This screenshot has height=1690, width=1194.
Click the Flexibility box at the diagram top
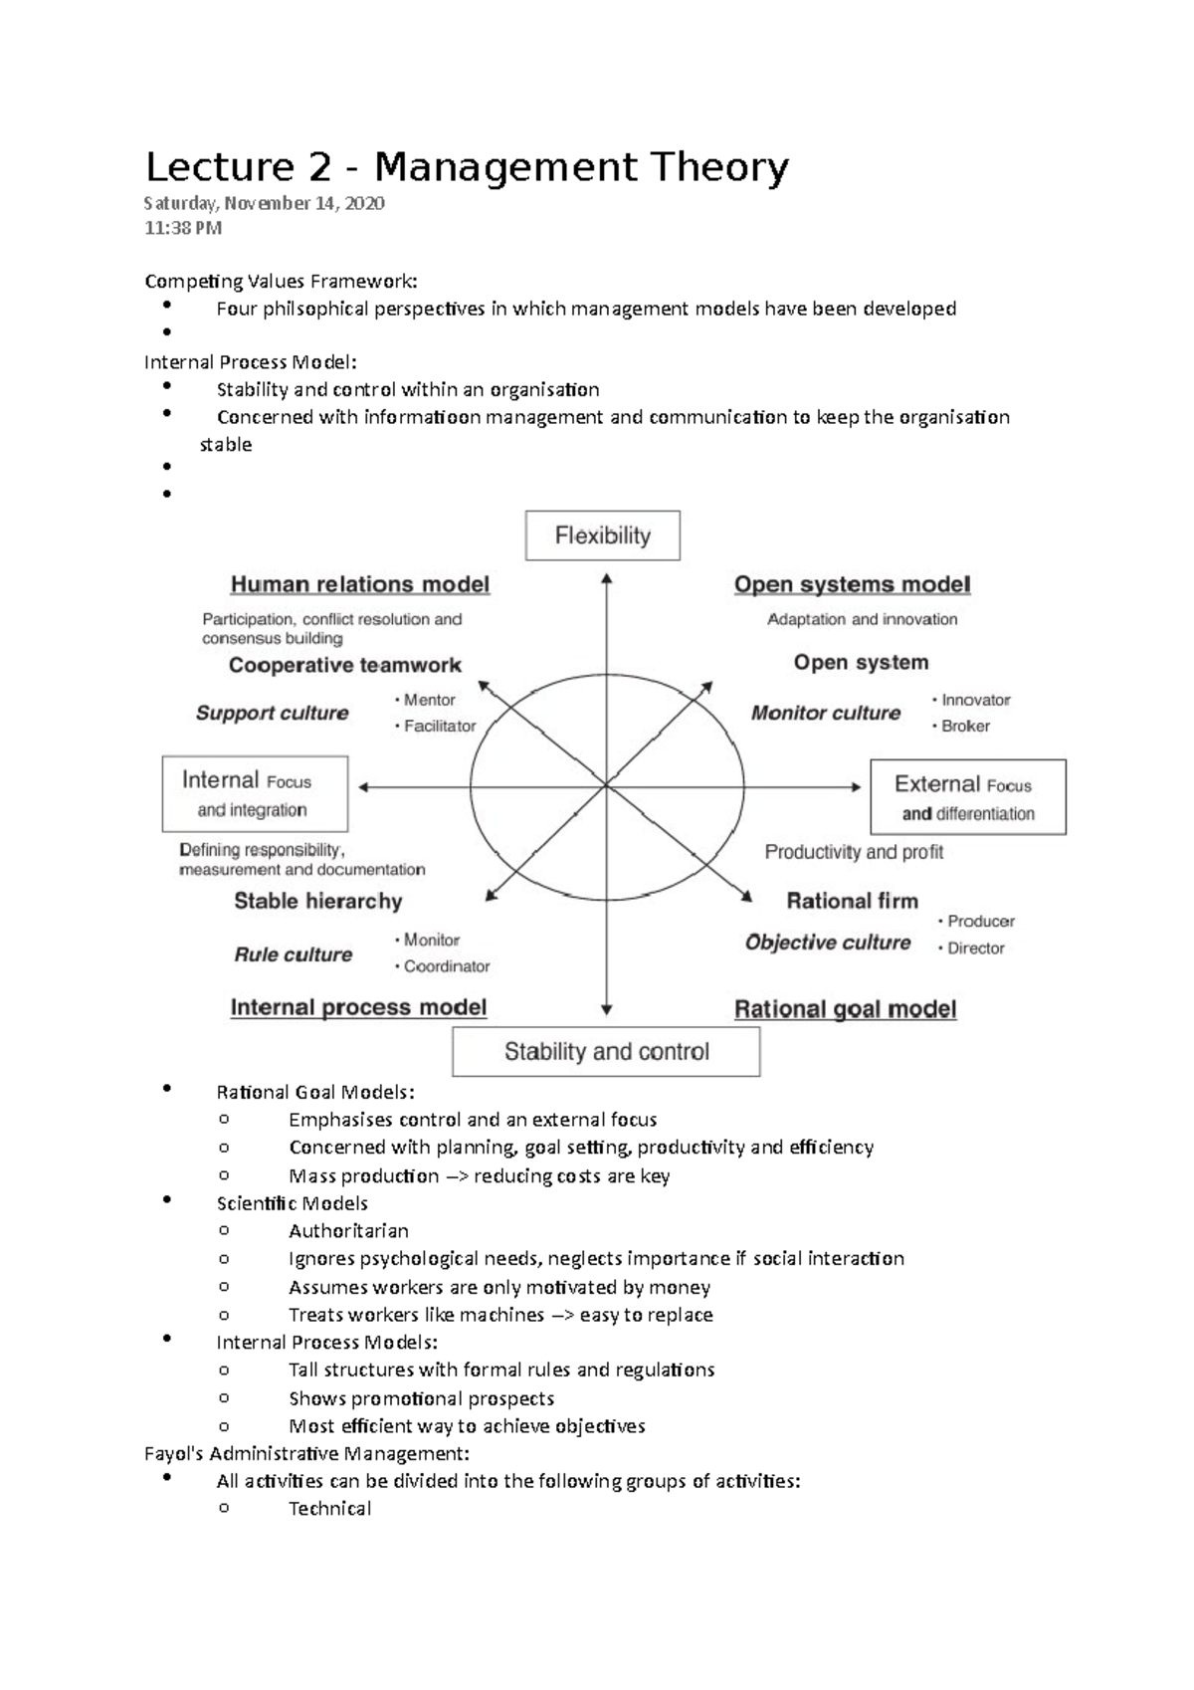602,535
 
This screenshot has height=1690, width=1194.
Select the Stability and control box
606,1052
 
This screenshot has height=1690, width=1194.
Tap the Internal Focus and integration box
255,794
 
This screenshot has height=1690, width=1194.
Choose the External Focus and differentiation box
967,797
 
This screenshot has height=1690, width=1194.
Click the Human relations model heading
360,584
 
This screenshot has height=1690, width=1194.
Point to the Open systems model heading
852,584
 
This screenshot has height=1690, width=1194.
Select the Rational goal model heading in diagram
845,1009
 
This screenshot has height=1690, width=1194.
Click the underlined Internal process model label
358,1007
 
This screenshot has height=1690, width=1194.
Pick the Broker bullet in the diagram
964,727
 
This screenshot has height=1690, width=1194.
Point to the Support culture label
272,713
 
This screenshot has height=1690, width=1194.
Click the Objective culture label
828,943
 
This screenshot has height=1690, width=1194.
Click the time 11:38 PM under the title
183,228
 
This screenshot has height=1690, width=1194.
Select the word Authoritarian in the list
348,1231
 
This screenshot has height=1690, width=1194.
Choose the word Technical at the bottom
329,1509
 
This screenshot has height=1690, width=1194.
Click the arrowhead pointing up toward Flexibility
606,578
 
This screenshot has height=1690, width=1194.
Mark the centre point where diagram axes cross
606,786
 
